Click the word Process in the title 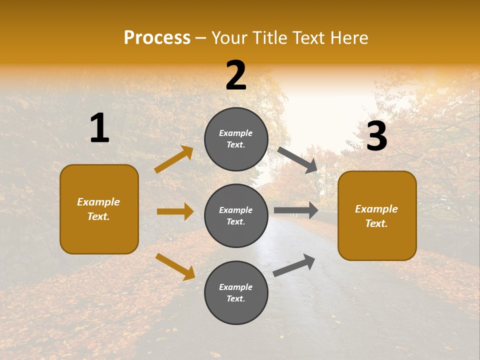click(x=157, y=38)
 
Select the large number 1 click(x=99, y=128)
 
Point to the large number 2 click(x=236, y=75)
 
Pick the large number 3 click(x=376, y=136)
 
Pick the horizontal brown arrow click(x=175, y=211)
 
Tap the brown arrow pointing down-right click(x=175, y=266)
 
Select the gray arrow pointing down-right click(x=297, y=160)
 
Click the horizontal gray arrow click(x=296, y=210)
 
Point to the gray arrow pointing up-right click(x=294, y=265)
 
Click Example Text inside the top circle click(x=236, y=139)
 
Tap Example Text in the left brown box click(x=98, y=209)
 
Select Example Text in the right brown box click(x=376, y=216)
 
